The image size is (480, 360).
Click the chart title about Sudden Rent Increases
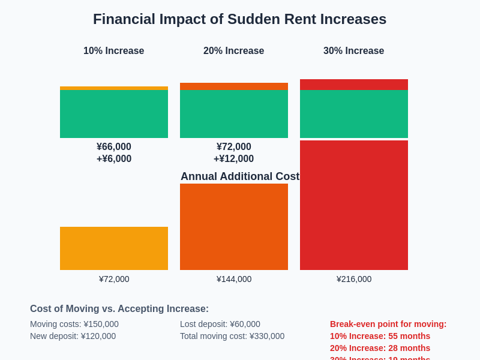tap(239, 19)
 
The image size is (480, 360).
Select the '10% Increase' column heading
tap(113, 51)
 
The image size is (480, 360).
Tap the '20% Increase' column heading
tap(233, 51)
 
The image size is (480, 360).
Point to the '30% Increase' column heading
tap(353, 51)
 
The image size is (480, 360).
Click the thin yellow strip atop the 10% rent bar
tap(114, 88)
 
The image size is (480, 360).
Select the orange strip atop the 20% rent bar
tap(234, 86)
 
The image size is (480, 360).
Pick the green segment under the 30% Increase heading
tap(354, 114)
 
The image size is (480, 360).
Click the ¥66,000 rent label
tap(114, 147)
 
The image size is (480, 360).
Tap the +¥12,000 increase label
tap(233, 159)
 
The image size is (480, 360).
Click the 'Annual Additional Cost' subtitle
tap(239, 176)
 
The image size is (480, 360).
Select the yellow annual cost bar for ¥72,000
tap(114, 248)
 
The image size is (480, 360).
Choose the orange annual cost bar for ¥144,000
tap(234, 227)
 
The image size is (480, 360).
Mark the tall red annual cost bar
tap(354, 205)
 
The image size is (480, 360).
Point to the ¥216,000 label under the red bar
tap(354, 279)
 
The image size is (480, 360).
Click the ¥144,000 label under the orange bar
tap(234, 279)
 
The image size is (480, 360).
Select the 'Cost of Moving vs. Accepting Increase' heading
tap(119, 309)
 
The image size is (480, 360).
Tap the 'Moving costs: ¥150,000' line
tap(74, 324)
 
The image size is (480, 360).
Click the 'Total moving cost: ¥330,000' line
tap(232, 336)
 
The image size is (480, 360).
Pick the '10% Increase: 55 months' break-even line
tap(380, 336)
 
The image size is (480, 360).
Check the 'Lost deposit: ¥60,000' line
tap(220, 324)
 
